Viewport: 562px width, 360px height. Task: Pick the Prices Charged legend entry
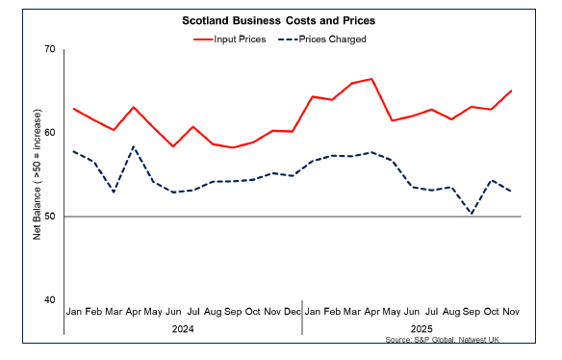point(321,39)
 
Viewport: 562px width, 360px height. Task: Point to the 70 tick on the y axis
point(48,49)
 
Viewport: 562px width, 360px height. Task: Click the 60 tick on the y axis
point(48,133)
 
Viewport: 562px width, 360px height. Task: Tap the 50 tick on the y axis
point(48,217)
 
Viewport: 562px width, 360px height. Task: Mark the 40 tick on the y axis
point(48,300)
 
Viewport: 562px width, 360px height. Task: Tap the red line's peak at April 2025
point(371,79)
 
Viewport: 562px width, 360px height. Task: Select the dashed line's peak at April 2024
point(134,146)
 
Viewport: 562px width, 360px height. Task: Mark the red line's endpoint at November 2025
point(511,90)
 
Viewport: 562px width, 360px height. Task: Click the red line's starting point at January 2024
point(74,108)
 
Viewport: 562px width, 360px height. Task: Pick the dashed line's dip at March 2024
point(114,192)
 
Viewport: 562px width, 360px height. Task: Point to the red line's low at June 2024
point(173,146)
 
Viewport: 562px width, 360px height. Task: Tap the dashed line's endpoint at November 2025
point(511,192)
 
